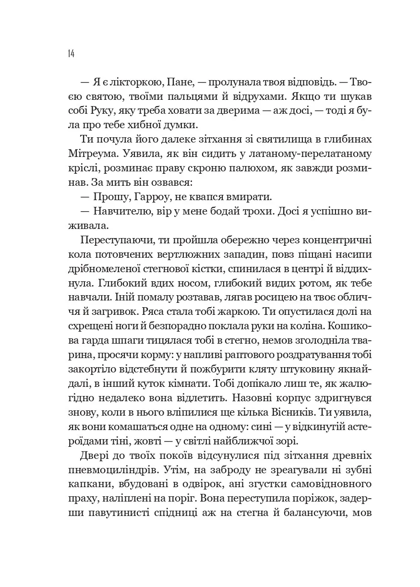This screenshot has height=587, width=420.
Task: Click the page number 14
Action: tap(71, 53)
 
